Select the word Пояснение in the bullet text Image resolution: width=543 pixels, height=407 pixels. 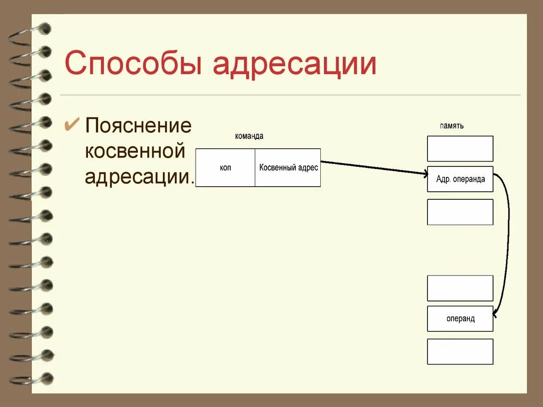pyautogui.click(x=138, y=126)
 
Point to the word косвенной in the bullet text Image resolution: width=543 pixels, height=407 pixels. pyautogui.click(x=135, y=152)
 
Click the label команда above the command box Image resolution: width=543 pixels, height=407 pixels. pyautogui.click(x=249, y=136)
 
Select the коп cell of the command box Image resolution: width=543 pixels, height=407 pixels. pyautogui.click(x=225, y=167)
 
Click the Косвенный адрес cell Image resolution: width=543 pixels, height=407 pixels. pyautogui.click(x=288, y=167)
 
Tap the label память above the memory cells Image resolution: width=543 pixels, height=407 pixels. pyautogui.click(x=452, y=126)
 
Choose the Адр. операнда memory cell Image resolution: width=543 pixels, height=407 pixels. pyautogui.click(x=460, y=179)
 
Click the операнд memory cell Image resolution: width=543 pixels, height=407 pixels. pyautogui.click(x=460, y=319)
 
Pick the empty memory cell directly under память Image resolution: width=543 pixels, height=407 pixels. pyautogui.click(x=460, y=148)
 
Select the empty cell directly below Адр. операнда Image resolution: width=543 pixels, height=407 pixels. pyautogui.click(x=460, y=212)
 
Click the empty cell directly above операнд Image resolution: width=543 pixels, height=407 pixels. pyautogui.click(x=460, y=288)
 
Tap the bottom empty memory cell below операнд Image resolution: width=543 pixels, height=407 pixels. pyautogui.click(x=460, y=351)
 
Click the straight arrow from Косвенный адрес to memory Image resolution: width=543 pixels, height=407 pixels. pyautogui.click(x=371, y=167)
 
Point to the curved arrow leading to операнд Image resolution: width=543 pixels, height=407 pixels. pyautogui.click(x=508, y=244)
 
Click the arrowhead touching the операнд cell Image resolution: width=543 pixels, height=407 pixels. pyautogui.click(x=495, y=315)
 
